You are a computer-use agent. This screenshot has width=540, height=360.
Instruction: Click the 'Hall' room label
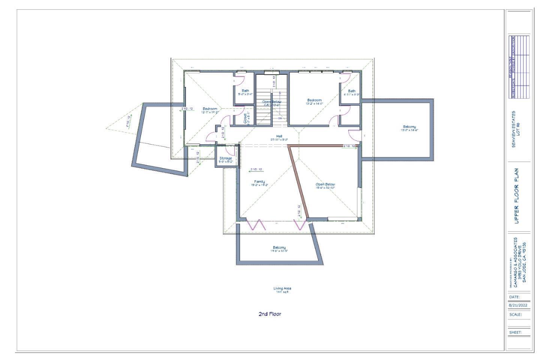coord(279,136)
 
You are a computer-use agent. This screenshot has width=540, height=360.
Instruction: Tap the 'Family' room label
coord(259,181)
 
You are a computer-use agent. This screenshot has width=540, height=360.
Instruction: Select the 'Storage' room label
coord(226,158)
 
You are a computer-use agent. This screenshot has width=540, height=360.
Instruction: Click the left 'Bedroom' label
coord(210,109)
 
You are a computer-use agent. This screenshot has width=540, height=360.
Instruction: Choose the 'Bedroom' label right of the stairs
coord(314,100)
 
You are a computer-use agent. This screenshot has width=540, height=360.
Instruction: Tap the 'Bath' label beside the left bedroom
coord(245,91)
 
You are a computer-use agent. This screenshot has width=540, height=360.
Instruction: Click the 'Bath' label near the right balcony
coord(352,91)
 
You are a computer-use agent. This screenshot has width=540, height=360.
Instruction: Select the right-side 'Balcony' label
coord(409,127)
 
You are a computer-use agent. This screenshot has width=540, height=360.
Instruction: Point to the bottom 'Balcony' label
coord(279,247)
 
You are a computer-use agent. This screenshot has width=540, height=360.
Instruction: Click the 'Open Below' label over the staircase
coord(271,102)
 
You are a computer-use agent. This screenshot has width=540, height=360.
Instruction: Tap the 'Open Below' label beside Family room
coord(325,184)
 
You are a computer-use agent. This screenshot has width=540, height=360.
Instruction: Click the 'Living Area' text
coord(282,288)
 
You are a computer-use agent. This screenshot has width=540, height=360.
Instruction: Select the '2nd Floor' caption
coord(270,314)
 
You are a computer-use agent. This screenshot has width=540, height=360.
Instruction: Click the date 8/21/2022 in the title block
coord(518,305)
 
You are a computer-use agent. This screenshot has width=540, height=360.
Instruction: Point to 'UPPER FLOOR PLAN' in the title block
coord(517,196)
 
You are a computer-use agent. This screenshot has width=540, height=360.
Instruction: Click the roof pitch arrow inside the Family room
coord(257,170)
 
